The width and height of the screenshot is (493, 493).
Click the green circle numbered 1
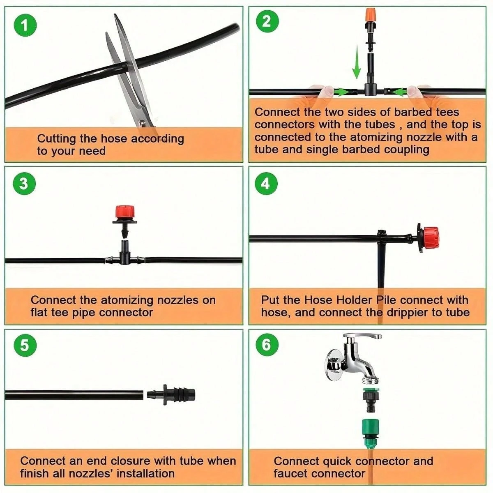25,25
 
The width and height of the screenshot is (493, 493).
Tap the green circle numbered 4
266,184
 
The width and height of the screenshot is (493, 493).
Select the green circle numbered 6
267,344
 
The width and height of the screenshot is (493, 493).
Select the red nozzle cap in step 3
125,212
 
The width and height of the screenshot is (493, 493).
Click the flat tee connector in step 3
124,258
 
